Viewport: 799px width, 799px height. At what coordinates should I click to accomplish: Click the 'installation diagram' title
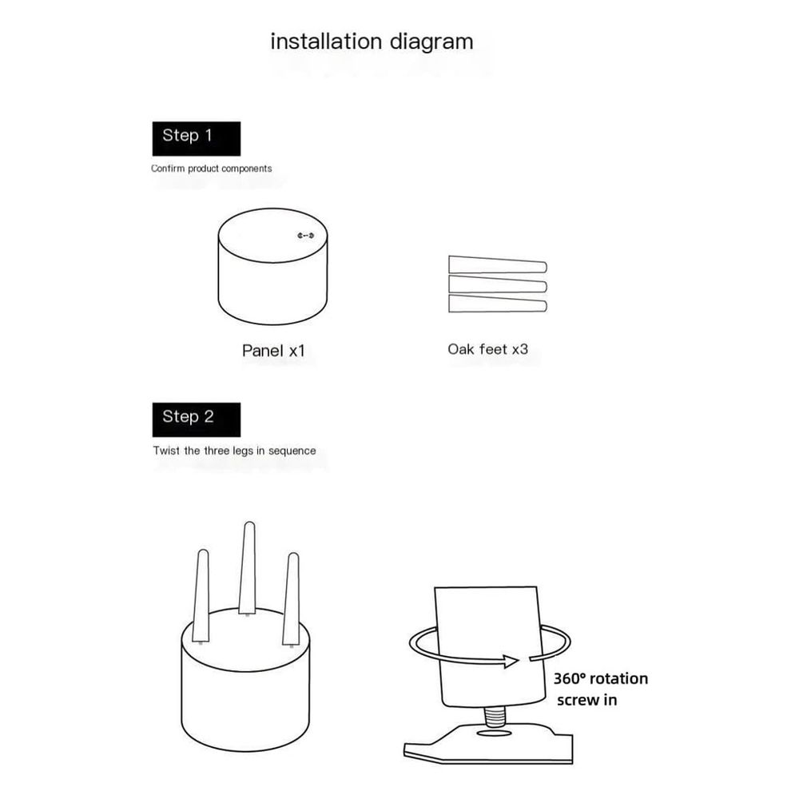pos(372,42)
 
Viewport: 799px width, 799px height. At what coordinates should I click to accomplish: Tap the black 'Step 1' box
pos(197,138)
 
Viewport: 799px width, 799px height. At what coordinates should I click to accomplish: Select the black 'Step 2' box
pos(197,419)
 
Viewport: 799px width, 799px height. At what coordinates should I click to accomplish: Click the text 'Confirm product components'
pos(212,169)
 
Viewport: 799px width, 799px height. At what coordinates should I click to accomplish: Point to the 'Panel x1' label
pos(273,351)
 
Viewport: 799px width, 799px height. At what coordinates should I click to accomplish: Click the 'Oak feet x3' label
pos(487,349)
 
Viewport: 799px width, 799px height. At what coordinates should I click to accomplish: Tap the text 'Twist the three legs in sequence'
pos(234,451)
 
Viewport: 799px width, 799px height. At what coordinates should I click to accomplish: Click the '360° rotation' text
pos(601,678)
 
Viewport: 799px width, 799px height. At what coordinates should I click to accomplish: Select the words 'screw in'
pos(587,700)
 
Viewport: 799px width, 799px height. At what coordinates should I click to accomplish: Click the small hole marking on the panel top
pos(306,236)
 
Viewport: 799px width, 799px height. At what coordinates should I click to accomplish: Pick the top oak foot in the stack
pos(497,265)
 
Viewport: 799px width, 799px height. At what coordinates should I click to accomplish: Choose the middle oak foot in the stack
pos(497,284)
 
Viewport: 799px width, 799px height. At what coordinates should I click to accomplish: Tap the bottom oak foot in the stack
pos(497,304)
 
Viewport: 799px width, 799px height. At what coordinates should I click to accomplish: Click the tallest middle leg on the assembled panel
pos(248,567)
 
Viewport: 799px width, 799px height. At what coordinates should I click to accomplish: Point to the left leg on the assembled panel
pos(201,595)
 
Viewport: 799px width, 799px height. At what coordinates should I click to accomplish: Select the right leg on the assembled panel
pos(292,599)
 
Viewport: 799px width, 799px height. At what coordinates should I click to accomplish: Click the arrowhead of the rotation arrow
pos(511,661)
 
